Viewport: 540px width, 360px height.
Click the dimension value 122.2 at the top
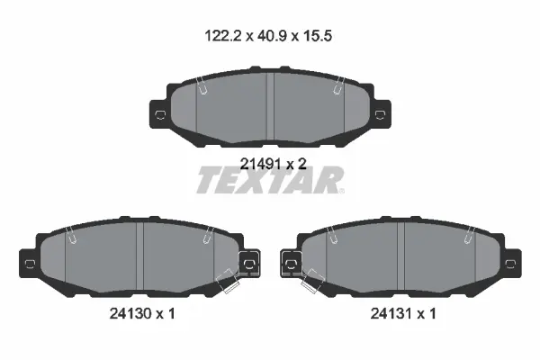[224, 36]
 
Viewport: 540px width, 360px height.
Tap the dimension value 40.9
[272, 36]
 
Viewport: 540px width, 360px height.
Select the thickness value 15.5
[317, 36]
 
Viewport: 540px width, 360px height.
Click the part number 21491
[261, 164]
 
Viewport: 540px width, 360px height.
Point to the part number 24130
[130, 313]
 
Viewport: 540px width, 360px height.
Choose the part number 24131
[391, 313]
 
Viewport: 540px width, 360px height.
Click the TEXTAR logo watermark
[270, 180]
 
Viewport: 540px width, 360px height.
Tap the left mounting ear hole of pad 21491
[160, 114]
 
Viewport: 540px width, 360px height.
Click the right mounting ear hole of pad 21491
[380, 114]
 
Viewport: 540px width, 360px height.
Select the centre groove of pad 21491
[270, 107]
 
